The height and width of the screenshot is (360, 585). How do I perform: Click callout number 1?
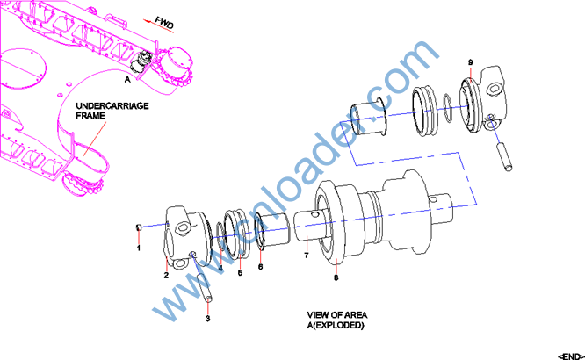[138, 248]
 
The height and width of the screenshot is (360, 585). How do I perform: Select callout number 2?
[165, 275]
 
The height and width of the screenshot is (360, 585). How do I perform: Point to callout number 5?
[239, 272]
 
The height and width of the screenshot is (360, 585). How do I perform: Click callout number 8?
[336, 277]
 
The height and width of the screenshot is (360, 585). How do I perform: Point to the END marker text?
[569, 354]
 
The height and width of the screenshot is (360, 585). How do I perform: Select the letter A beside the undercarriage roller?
[128, 78]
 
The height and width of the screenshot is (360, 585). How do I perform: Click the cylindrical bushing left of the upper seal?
[369, 121]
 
